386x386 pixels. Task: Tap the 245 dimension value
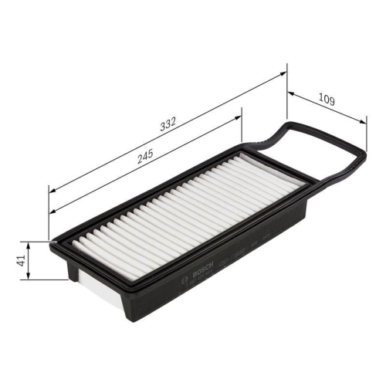tap(144, 154)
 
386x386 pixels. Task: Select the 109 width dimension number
tap(327, 100)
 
